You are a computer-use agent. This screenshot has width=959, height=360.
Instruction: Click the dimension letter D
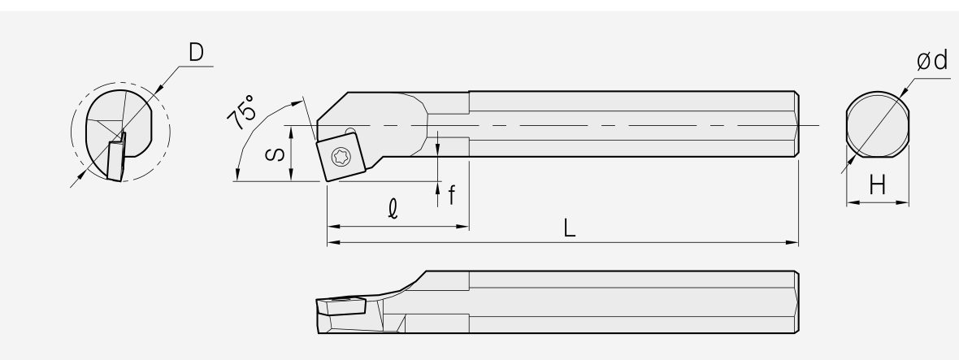[x=196, y=53]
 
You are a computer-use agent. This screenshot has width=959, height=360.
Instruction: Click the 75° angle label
[x=241, y=112]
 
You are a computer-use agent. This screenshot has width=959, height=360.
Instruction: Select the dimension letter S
[x=276, y=153]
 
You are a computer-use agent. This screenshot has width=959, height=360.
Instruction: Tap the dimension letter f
[x=451, y=195]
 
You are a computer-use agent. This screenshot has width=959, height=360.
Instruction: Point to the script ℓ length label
[x=393, y=209]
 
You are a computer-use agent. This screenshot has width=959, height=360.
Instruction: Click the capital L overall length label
[x=570, y=228]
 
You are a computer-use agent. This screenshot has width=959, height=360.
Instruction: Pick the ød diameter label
[x=932, y=60]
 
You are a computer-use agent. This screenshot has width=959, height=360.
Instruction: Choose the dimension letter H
[x=878, y=184]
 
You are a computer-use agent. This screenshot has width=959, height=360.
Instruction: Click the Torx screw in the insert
[x=341, y=157]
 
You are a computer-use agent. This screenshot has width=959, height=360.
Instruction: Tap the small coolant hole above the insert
[x=349, y=131]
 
